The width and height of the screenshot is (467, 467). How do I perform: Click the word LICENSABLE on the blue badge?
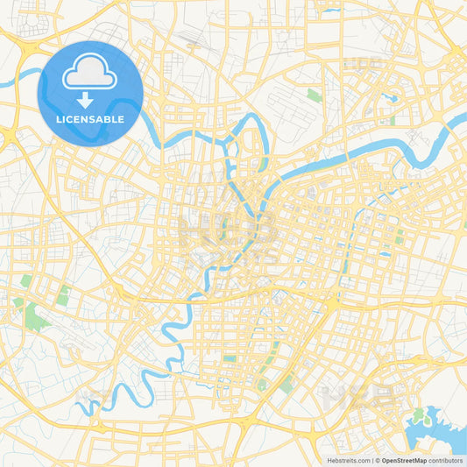90,118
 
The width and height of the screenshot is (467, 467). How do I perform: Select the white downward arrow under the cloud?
90,100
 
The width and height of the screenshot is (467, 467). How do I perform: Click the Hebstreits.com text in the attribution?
347,460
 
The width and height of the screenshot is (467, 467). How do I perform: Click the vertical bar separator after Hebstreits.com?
371,460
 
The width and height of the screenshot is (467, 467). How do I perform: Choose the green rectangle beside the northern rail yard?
313,95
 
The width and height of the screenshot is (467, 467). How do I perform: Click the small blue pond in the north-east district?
393,98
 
